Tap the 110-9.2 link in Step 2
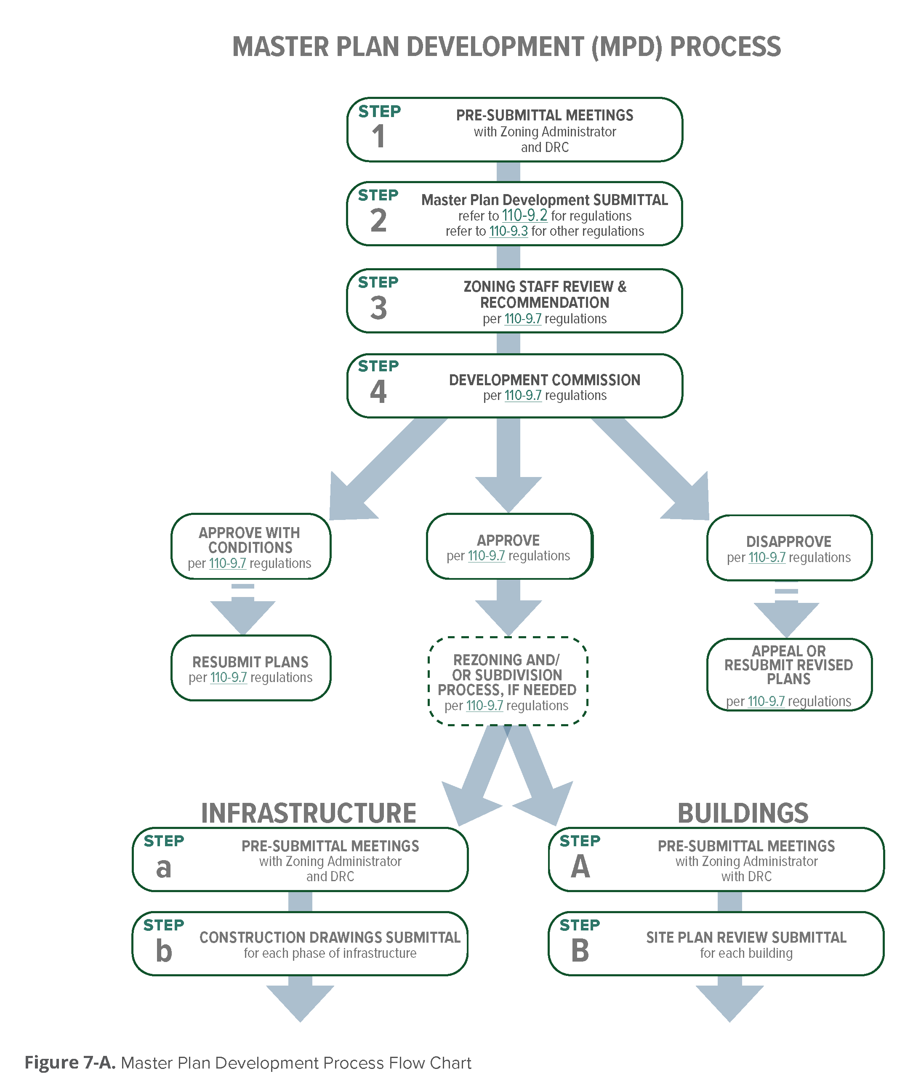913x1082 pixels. point(524,216)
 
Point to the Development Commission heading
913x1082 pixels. point(545,380)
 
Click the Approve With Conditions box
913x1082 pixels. point(250,546)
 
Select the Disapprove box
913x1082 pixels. point(789,548)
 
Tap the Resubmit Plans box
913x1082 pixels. point(250,668)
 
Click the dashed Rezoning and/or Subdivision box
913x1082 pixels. point(507,681)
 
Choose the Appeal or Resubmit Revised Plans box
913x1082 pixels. point(789,674)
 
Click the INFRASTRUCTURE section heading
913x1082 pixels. point(309,813)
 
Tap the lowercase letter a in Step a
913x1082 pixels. point(164,868)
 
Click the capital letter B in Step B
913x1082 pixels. point(580,951)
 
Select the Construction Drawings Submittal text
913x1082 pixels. point(330,938)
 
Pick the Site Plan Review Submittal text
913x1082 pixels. point(746,938)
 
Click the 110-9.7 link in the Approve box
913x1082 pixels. point(486,556)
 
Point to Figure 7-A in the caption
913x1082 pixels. point(70,1062)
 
